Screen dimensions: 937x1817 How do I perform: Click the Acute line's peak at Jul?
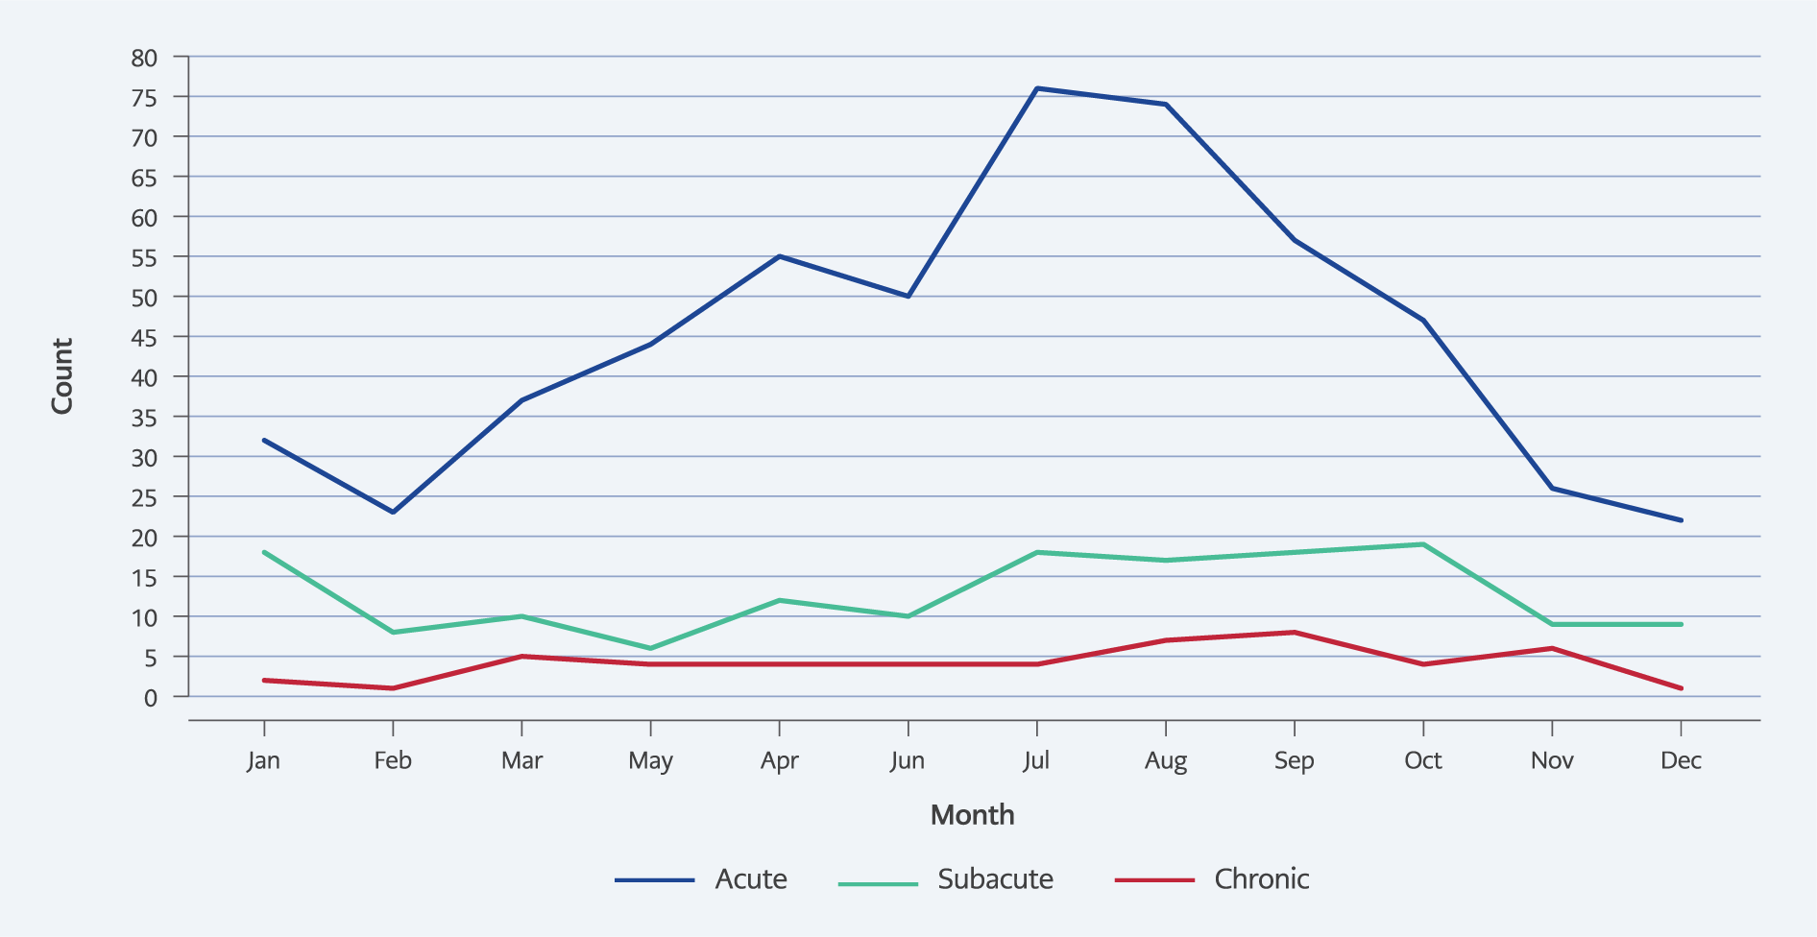(1037, 88)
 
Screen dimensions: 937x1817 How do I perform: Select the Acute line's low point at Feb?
(393, 512)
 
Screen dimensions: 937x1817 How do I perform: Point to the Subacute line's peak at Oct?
(1423, 544)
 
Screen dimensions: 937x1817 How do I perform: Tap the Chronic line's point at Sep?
(1295, 632)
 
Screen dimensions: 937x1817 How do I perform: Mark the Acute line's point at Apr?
(780, 256)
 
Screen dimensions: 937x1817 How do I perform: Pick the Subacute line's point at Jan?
(264, 552)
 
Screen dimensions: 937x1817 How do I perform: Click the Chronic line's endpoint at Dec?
(1681, 688)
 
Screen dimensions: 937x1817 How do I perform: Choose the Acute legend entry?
(701, 879)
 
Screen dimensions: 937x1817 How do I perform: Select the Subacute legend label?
(995, 879)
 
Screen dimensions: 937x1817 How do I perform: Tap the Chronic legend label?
(1261, 879)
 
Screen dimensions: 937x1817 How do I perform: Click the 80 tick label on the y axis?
(144, 58)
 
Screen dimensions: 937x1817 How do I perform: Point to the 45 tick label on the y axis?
(144, 337)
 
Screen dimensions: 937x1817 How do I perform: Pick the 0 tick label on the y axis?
(151, 698)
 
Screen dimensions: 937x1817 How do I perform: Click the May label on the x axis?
(651, 760)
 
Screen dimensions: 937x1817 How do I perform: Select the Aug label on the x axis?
(1166, 760)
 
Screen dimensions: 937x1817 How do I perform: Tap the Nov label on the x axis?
(1552, 760)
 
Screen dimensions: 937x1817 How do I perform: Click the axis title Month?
(973, 815)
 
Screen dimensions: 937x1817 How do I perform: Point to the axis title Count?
(62, 376)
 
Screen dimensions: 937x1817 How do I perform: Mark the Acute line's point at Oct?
(1423, 320)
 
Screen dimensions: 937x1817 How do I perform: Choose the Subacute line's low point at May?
(651, 648)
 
